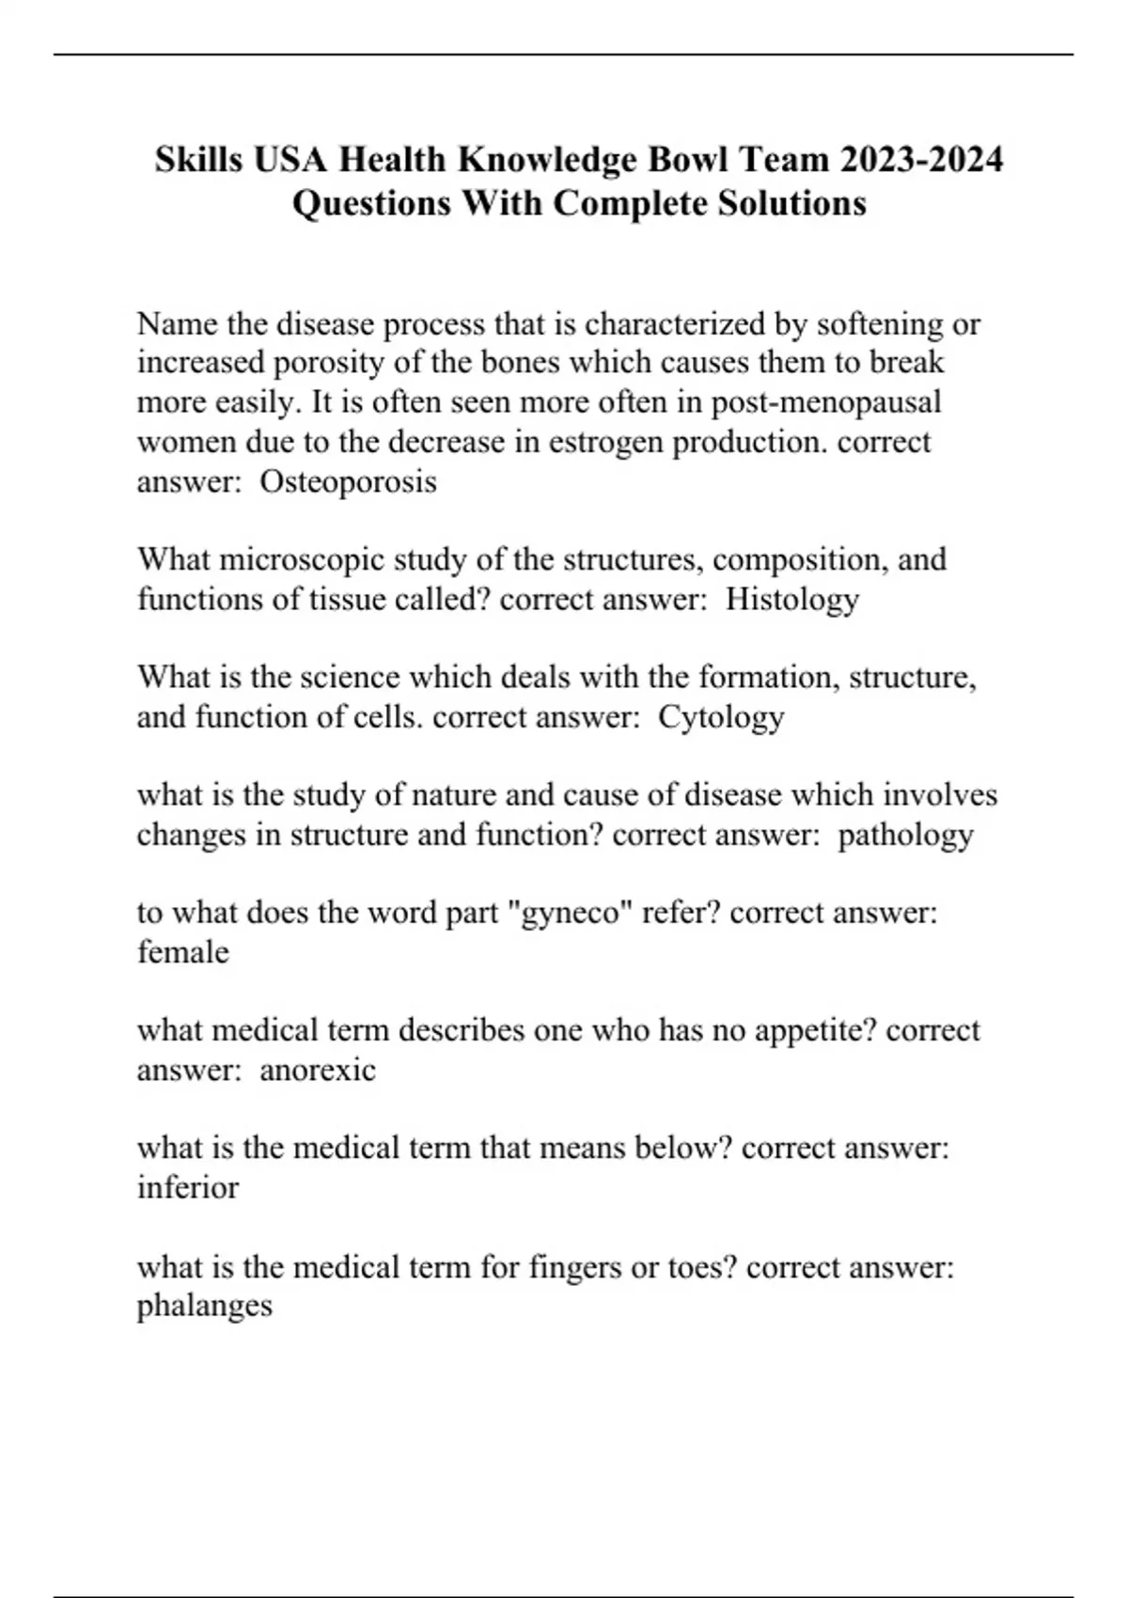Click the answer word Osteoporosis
(x=348, y=482)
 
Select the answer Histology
(x=791, y=600)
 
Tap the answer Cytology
(x=720, y=717)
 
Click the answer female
(x=183, y=952)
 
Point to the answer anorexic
(x=317, y=1070)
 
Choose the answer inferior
(x=188, y=1187)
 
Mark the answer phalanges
(x=205, y=1306)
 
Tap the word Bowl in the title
(x=676, y=160)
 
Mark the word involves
(x=940, y=795)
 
